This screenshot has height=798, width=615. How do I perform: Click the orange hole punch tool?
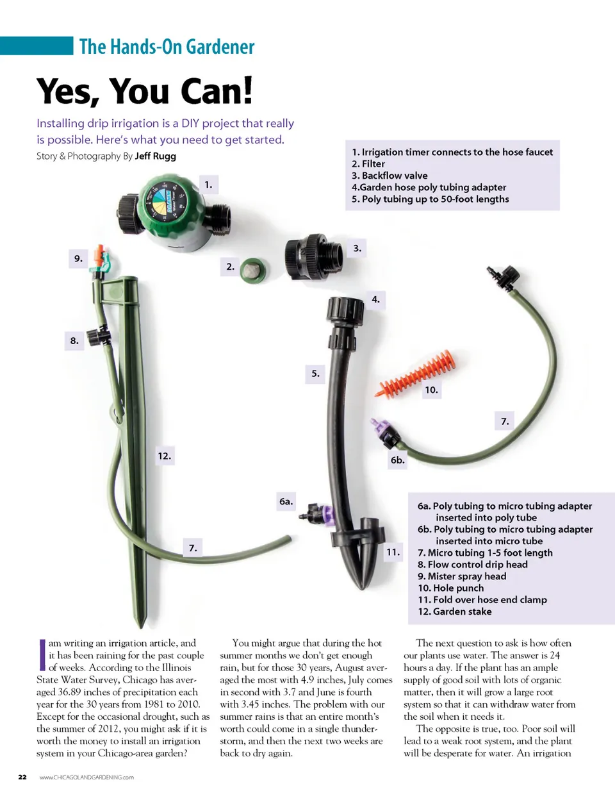point(417,374)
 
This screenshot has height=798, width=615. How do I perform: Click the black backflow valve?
point(314,255)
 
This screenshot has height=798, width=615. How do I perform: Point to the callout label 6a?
point(286,501)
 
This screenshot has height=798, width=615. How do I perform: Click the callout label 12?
point(165,456)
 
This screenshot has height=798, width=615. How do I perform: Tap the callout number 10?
point(431,390)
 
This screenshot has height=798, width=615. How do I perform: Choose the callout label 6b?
point(397,460)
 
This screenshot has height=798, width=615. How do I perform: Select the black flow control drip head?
point(99,336)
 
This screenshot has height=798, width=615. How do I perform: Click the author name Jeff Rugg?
point(156,156)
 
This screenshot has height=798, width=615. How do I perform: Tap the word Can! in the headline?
point(217,91)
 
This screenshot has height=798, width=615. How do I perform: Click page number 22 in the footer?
point(22,777)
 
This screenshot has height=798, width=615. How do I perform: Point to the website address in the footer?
point(86,777)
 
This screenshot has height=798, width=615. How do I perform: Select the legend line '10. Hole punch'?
point(450,588)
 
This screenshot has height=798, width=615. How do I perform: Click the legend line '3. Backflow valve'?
point(389,176)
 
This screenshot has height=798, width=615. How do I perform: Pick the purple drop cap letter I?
point(42,655)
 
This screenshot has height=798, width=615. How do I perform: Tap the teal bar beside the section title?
point(37,46)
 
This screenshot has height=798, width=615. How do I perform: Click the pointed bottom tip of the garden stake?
point(140,626)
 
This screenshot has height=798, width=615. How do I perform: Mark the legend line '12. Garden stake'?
point(455,611)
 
